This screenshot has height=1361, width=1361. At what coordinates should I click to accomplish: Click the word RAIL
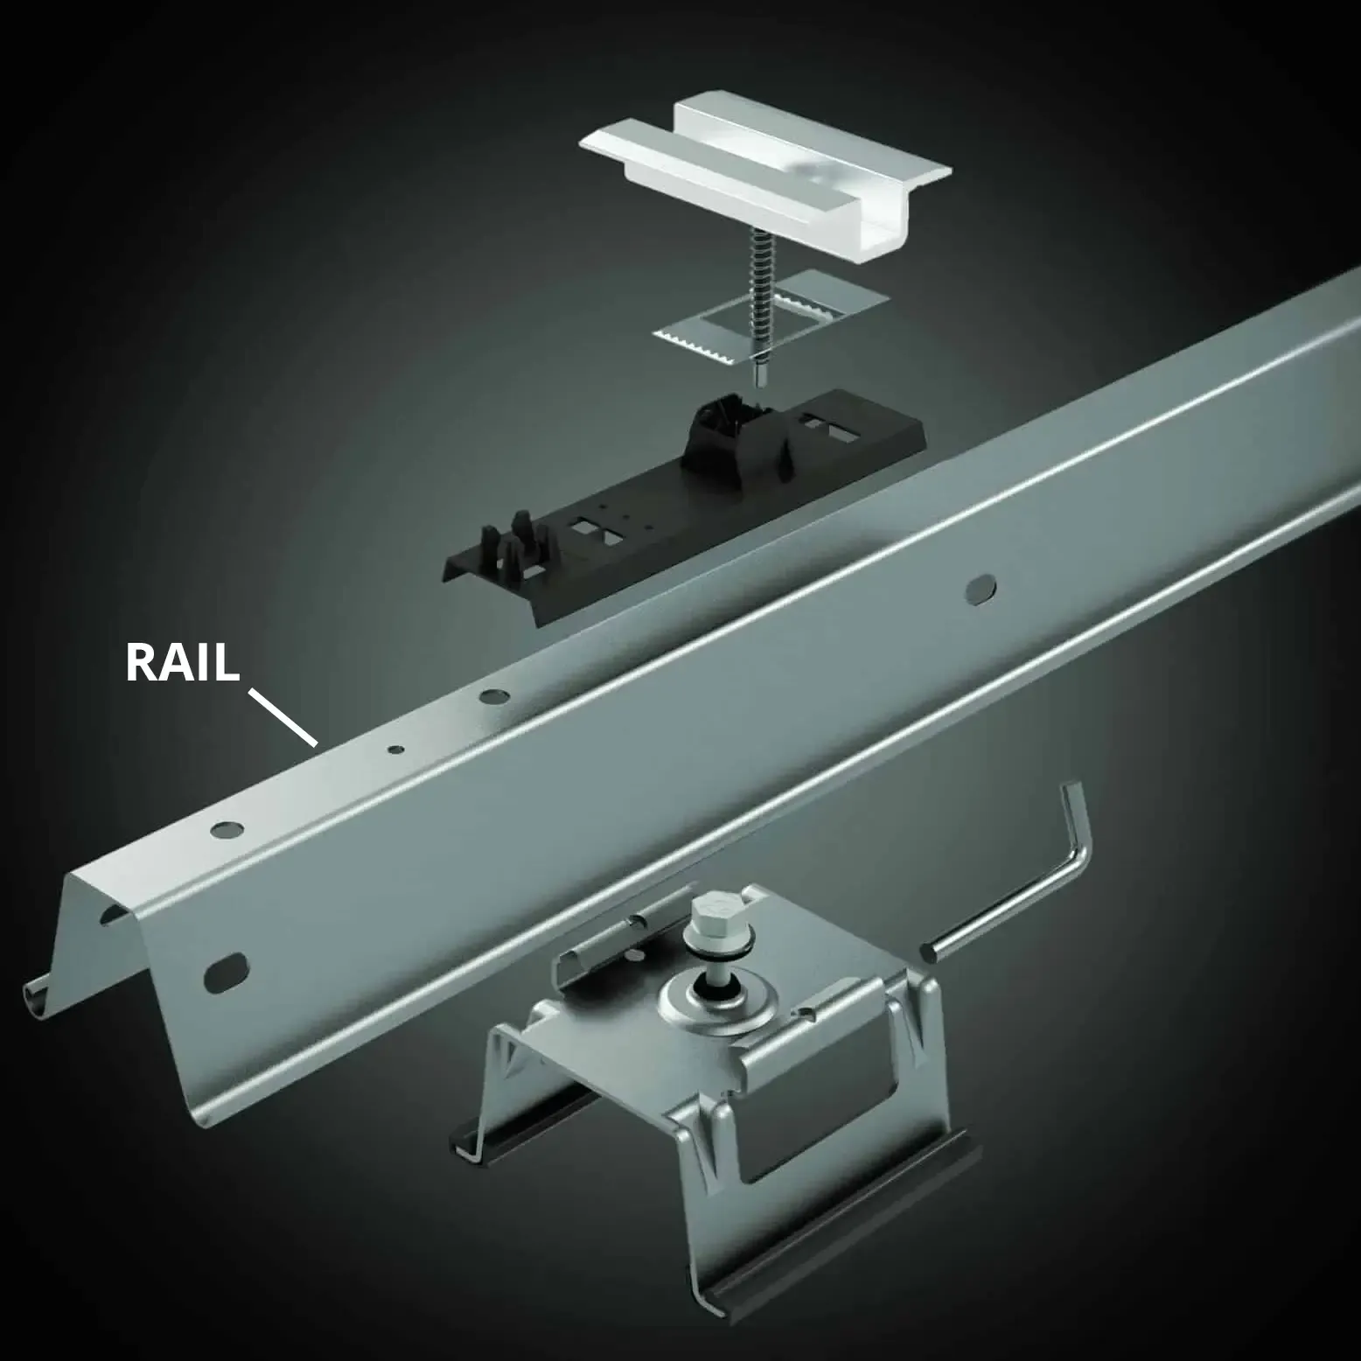click(x=182, y=662)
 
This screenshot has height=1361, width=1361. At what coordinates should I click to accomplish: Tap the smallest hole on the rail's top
click(x=396, y=750)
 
